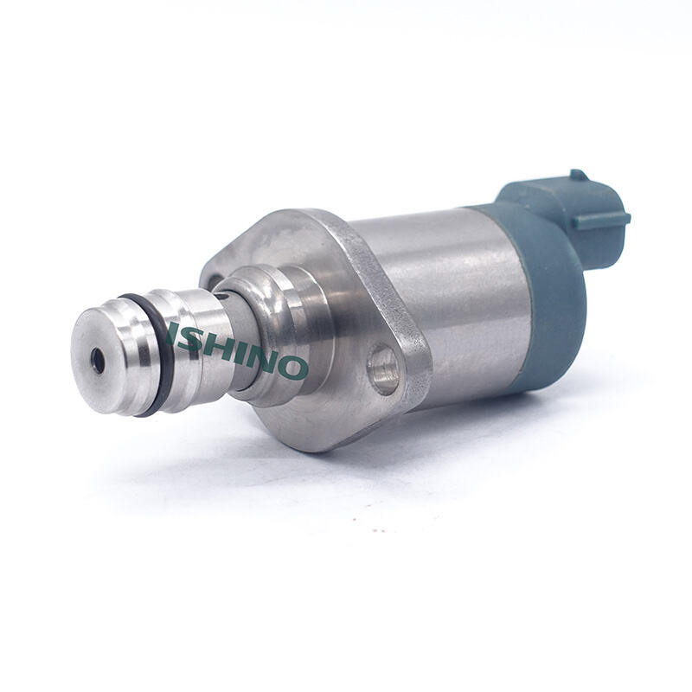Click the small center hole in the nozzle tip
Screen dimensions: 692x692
click(98, 361)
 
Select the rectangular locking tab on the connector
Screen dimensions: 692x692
click(602, 220)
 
